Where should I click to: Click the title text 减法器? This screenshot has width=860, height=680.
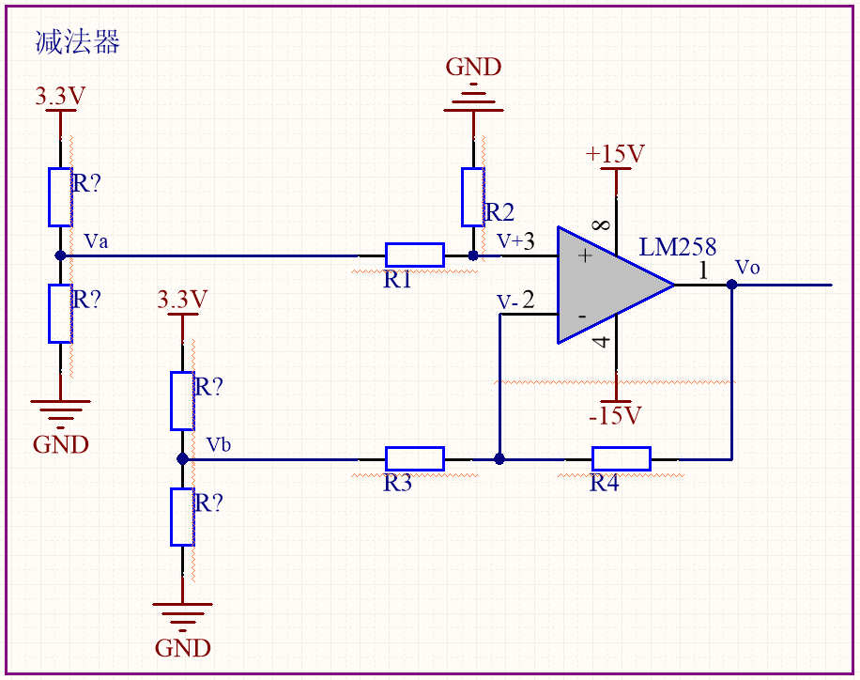point(77,42)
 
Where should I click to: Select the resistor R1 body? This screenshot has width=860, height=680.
point(415,255)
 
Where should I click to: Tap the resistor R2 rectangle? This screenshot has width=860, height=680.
point(473,197)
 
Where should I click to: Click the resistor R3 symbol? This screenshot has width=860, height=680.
point(415,459)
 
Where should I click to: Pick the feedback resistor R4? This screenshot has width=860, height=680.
point(622,459)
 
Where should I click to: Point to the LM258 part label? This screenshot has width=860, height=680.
point(678,247)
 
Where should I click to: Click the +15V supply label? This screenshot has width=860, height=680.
point(615,154)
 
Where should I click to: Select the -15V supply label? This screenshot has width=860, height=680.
point(615,415)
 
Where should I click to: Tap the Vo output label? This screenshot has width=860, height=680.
point(747,268)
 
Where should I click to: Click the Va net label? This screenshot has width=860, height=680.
point(96,241)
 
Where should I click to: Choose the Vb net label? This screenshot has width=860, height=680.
point(219,444)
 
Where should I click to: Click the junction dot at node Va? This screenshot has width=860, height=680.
point(60,255)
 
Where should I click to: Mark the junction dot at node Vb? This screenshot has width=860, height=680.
point(183,459)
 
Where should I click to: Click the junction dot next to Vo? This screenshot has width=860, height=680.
point(731,285)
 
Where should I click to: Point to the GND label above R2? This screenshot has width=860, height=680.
point(473,68)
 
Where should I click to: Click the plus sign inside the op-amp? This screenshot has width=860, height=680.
point(586,255)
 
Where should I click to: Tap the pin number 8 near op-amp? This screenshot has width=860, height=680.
point(602,224)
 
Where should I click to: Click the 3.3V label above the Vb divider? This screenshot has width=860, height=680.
point(183,300)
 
